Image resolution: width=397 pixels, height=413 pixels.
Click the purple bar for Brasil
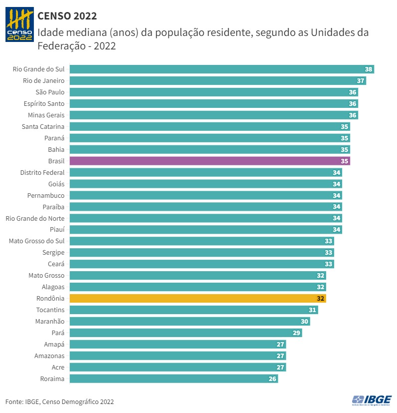point(209,161)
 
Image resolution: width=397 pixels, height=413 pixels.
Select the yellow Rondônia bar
point(198,299)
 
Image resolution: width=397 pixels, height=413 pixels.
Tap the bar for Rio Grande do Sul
point(221,69)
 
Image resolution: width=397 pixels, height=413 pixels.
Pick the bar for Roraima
point(174,379)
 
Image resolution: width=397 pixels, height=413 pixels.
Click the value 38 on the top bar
point(369,69)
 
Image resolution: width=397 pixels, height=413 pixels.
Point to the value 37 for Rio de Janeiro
point(361,80)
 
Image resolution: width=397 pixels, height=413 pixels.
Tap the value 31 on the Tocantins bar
point(313,310)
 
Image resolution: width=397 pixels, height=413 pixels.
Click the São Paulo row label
point(50,92)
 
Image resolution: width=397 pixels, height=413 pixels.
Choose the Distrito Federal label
point(42,172)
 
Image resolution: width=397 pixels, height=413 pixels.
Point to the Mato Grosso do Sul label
point(37,241)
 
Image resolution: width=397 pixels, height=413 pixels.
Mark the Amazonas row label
point(49,356)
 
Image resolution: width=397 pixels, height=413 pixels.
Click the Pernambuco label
point(46,195)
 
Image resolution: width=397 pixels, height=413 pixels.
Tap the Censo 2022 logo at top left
point(19,24)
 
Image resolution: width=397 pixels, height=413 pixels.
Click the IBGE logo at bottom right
point(372,401)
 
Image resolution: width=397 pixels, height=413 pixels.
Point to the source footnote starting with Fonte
point(59,402)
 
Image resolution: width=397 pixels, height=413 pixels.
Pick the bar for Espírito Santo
point(213,103)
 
